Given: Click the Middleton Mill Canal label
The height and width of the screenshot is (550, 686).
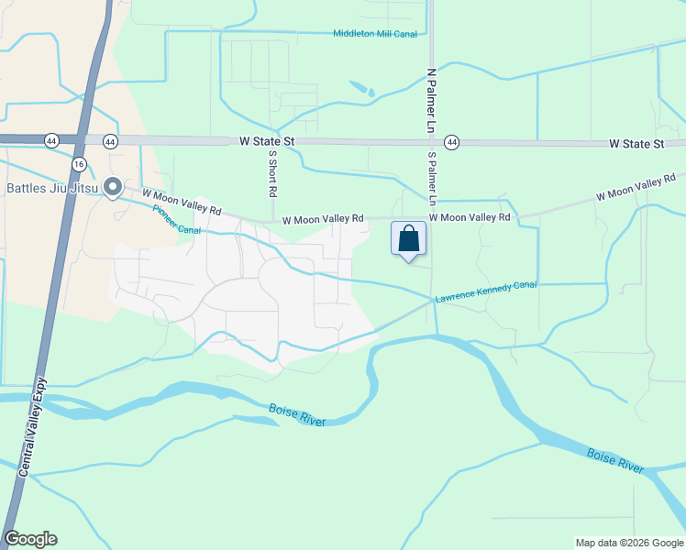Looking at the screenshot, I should click(374, 34).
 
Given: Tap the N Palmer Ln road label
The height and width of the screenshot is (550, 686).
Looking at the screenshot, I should click(429, 100).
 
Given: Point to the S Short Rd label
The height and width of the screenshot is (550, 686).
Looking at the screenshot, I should click(272, 174).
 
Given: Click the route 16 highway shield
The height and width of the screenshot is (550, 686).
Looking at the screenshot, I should click(79, 163).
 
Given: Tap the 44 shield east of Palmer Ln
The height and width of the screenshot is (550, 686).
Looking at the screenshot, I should click(451, 143).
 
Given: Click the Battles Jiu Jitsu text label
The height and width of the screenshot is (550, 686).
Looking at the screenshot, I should click(50, 189).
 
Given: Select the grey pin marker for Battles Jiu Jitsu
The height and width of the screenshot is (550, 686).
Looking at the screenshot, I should click(113, 188).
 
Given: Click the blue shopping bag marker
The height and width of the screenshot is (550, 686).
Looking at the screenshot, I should click(408, 238).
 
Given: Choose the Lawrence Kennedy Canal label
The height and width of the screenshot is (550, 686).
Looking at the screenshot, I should click(485, 292).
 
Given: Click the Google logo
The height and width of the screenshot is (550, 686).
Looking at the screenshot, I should click(30, 539).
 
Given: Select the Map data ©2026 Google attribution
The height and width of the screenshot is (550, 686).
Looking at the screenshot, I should click(629, 543).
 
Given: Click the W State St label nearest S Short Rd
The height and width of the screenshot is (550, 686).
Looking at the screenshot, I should click(266, 142).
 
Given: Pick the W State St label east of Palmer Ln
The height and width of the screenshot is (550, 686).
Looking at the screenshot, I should click(636, 145).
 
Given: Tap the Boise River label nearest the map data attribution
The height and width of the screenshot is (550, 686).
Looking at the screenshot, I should click(614, 460).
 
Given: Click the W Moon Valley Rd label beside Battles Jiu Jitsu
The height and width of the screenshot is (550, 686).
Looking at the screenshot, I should click(182, 202).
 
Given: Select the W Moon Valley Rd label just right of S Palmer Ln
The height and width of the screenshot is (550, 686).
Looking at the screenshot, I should click(470, 217).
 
